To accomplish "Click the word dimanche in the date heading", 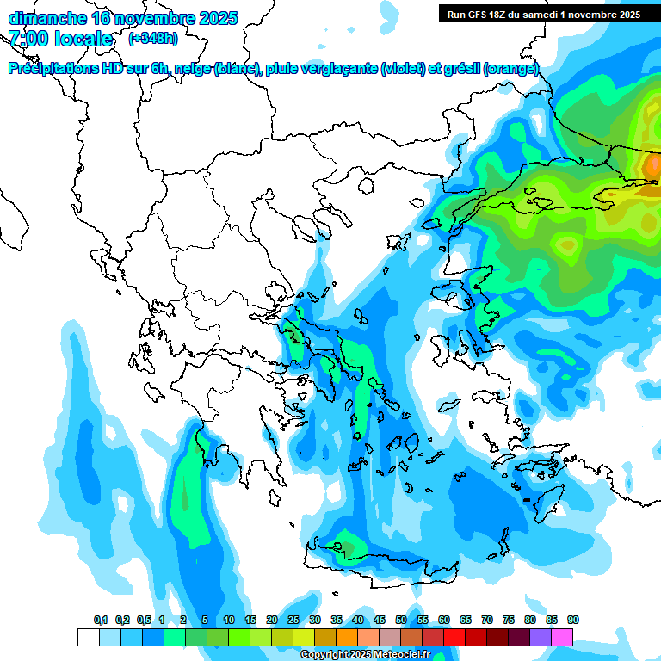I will click(44, 18).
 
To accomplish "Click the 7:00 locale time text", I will click(60, 39).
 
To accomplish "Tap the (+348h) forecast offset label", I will click(152, 39).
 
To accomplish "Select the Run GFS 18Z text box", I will click(543, 14).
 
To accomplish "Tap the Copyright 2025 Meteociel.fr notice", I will click(365, 655).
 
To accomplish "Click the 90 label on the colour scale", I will click(572, 620).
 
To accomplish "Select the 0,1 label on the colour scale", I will click(101, 620).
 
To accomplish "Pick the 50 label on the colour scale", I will click(401, 620).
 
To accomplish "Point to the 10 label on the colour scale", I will click(229, 620).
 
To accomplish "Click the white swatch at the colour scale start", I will click(88, 637).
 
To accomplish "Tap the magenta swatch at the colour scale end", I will click(562, 637).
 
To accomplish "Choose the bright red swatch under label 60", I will click(454, 637).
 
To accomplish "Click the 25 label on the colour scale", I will click(293, 620).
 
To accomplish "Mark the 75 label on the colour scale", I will click(508, 620).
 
